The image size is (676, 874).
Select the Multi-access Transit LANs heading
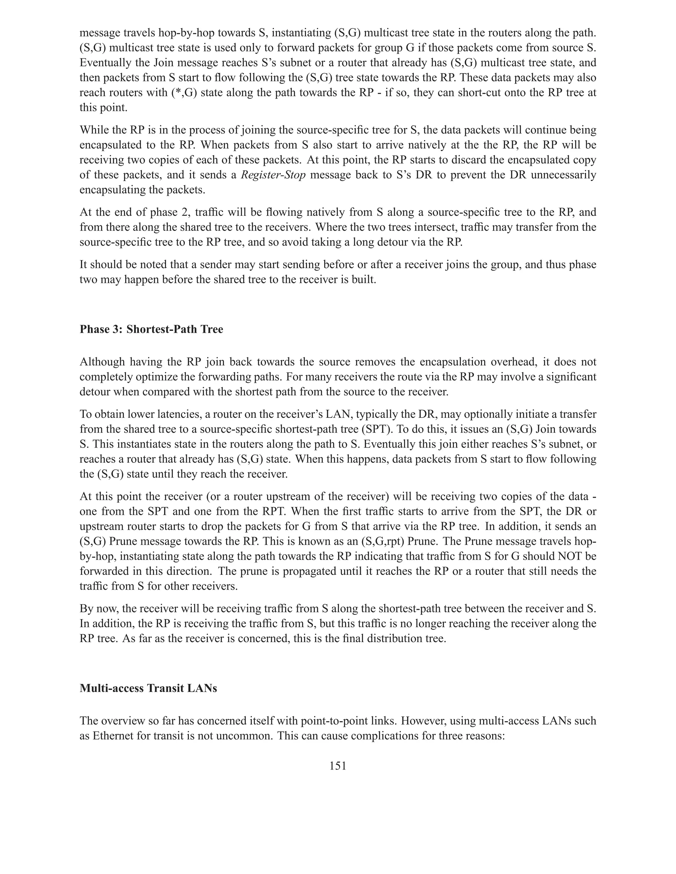point(148,688)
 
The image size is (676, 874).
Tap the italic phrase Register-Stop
point(273,175)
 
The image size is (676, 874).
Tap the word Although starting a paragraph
point(103,362)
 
